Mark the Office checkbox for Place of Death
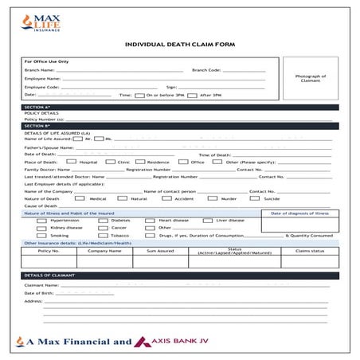184,162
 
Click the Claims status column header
309,251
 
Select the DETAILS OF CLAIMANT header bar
179,275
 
